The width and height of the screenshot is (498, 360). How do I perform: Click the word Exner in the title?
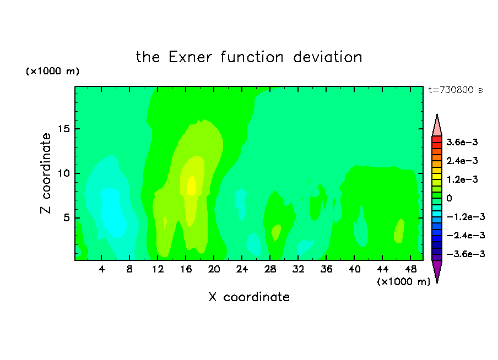(x=190, y=57)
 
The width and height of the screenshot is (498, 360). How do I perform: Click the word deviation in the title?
(x=327, y=57)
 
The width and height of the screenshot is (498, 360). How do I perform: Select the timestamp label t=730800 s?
(x=456, y=90)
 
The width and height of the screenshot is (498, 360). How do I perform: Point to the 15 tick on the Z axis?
(x=64, y=129)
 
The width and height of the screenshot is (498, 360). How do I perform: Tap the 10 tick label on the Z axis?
(x=64, y=173)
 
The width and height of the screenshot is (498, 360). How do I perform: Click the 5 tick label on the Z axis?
(x=66, y=218)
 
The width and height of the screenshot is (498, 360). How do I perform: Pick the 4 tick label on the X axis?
(x=101, y=269)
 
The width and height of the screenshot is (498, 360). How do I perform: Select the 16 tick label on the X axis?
(x=186, y=269)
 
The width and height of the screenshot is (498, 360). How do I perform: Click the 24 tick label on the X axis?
(x=242, y=269)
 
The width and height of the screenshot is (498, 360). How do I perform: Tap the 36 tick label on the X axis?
(x=326, y=269)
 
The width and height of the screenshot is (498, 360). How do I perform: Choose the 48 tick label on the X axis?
(x=410, y=269)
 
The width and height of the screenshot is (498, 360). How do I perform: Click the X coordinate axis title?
(x=249, y=297)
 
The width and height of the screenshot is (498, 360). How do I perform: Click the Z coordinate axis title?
(x=45, y=173)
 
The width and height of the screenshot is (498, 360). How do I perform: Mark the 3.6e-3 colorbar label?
(x=462, y=142)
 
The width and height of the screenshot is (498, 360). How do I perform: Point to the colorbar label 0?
(x=449, y=198)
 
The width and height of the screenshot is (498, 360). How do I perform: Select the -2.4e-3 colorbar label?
(x=465, y=235)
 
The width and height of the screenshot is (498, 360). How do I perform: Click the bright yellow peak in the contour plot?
(x=191, y=186)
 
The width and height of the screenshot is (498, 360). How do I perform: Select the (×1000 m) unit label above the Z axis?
(x=52, y=71)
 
